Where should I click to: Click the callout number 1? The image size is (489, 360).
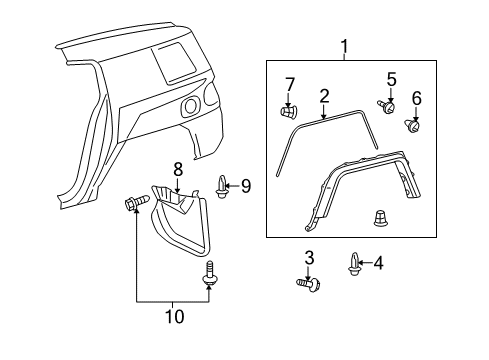[x=345, y=46]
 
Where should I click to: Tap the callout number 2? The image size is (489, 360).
[x=324, y=96]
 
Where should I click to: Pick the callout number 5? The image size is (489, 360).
[x=392, y=78]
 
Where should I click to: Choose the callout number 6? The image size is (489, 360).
[x=417, y=99]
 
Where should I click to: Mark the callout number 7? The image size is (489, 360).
[x=290, y=83]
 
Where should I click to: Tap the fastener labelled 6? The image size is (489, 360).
[x=412, y=126]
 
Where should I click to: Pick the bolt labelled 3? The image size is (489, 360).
[x=308, y=284]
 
